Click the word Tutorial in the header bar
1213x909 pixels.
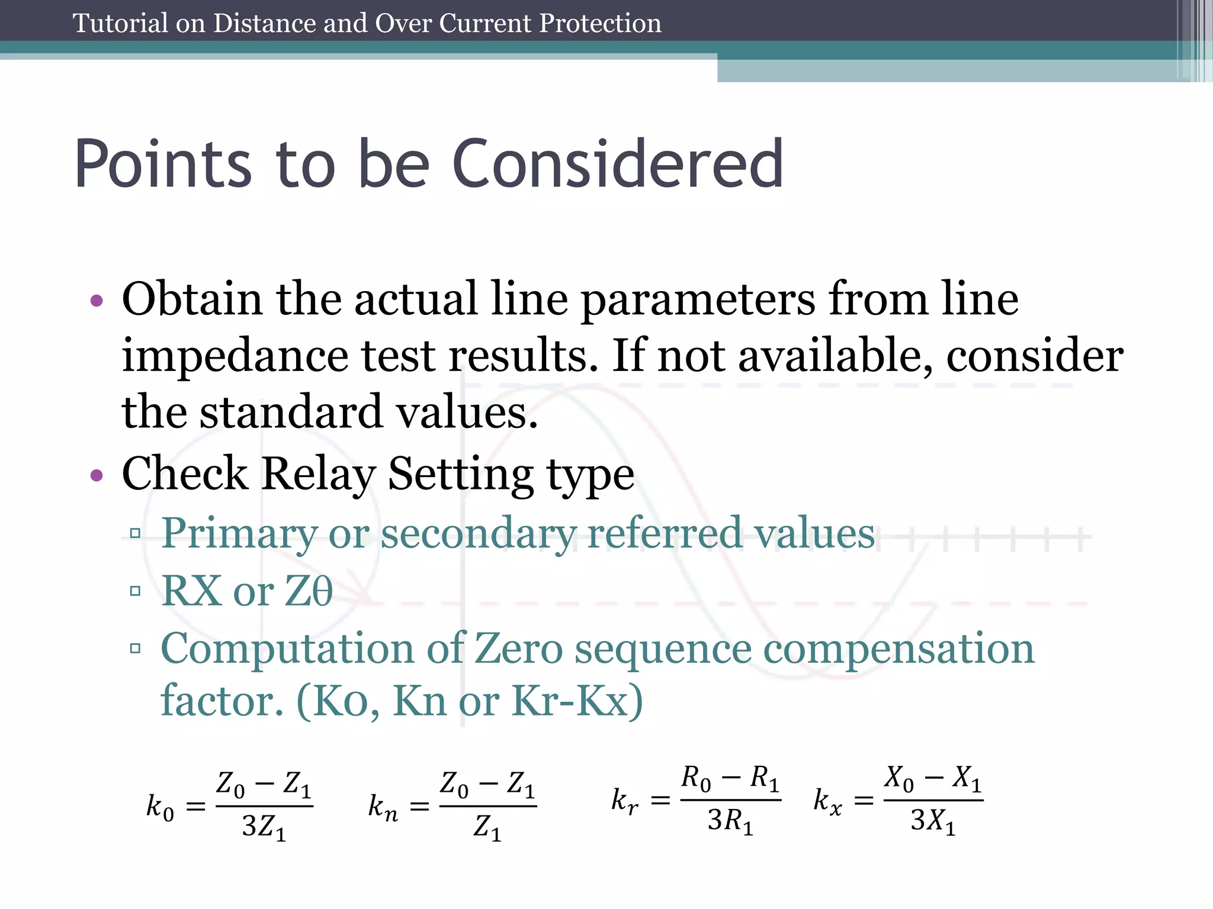click(x=120, y=24)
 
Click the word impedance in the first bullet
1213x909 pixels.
click(x=235, y=357)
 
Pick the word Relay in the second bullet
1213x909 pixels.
click(x=319, y=473)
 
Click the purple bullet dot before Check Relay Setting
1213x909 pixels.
click(x=97, y=475)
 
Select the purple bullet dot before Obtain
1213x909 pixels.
click(x=97, y=301)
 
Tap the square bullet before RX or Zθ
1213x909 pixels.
click(x=136, y=591)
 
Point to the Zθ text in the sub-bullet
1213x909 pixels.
click(x=309, y=591)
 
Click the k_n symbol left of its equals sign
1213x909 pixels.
click(x=383, y=807)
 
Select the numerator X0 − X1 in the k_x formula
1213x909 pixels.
click(x=933, y=779)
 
